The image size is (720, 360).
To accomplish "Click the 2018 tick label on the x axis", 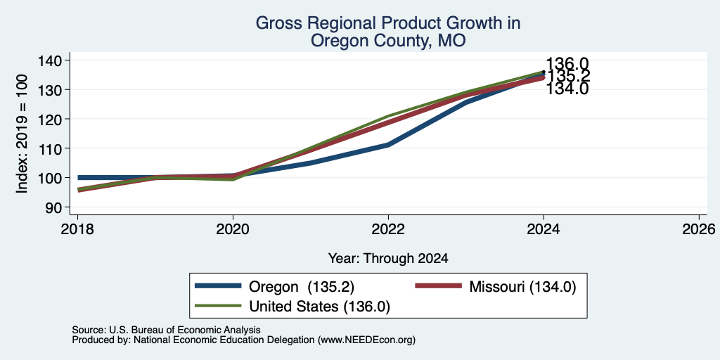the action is (77, 229).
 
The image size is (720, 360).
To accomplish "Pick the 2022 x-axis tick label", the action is (388, 229).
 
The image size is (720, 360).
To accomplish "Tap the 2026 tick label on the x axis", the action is (699, 229).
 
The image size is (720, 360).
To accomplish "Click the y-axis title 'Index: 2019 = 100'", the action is (22, 134).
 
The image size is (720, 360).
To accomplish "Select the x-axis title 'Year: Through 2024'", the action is (388, 259).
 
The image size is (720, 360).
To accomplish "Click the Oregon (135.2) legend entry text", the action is (302, 287).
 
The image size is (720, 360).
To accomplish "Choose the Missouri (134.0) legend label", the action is (522, 287).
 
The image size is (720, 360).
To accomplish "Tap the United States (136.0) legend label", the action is (320, 307).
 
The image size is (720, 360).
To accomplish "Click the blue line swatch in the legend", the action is (218, 286).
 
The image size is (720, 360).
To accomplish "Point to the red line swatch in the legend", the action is (438, 286).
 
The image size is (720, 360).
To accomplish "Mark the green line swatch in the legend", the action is (218, 306).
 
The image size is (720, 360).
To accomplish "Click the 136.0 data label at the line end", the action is (567, 64).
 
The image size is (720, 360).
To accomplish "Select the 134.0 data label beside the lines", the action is (567, 89).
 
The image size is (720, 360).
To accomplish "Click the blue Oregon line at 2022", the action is (388, 145).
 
